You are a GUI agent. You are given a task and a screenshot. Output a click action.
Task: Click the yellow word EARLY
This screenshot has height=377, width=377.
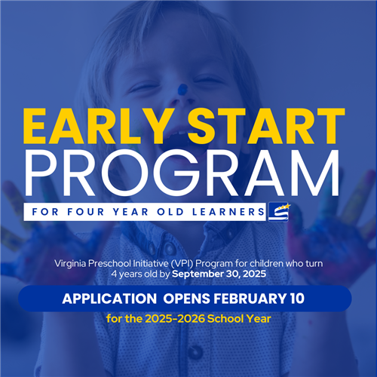pos(95,127)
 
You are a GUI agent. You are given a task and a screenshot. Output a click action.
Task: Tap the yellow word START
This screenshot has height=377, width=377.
pos(266,127)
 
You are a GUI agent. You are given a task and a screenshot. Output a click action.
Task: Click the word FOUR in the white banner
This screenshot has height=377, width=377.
pos(86,212)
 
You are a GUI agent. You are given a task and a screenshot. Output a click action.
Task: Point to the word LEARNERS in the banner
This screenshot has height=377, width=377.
pos(228,212)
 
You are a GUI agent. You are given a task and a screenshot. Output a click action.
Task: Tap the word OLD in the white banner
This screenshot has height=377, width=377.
pos(170,212)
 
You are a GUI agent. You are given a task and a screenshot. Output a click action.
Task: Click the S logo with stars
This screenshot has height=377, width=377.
pos(279,212)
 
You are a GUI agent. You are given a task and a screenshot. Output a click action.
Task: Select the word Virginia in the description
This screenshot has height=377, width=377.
pos(70,264)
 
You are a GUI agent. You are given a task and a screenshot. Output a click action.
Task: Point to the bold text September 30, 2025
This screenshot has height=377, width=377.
pos(219,274)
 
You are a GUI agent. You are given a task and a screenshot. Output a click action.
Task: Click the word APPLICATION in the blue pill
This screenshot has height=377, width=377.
pos(109,299)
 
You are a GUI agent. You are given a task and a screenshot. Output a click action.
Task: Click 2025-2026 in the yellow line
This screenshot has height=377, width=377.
pos(175,319)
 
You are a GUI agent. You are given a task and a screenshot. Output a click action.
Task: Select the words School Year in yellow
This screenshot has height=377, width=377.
pos(239,319)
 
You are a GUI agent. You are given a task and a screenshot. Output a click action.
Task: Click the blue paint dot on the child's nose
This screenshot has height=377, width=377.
pos(182,89)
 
